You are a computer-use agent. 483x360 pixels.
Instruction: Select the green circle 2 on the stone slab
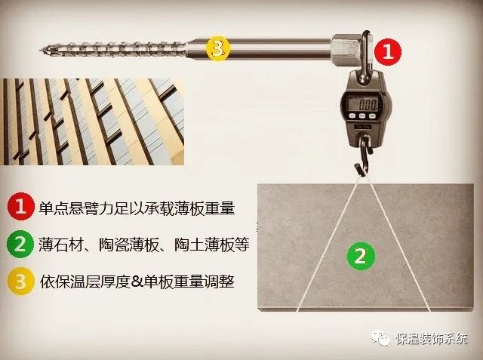point(360,256)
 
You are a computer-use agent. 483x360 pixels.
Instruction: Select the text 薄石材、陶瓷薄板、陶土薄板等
point(143,245)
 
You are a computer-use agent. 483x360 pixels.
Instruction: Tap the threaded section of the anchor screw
point(113,50)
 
